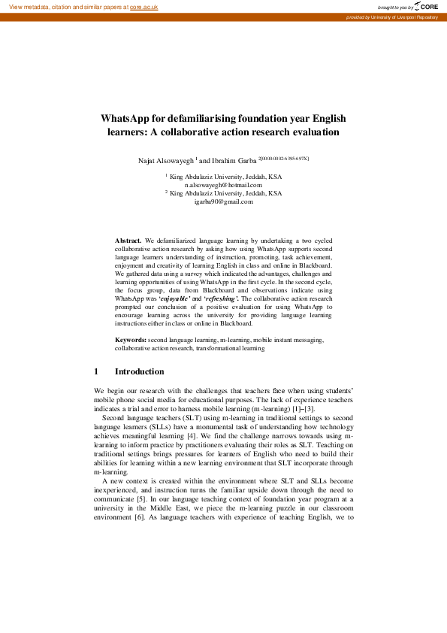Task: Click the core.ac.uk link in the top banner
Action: pos(145,6)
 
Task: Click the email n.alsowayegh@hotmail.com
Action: pos(223,184)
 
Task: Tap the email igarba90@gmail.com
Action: pos(223,201)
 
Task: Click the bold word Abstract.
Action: pos(128,238)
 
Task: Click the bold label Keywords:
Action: pos(131,340)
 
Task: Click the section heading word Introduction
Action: pos(139,371)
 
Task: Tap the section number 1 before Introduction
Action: pos(96,371)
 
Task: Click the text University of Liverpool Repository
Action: pos(404,17)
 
